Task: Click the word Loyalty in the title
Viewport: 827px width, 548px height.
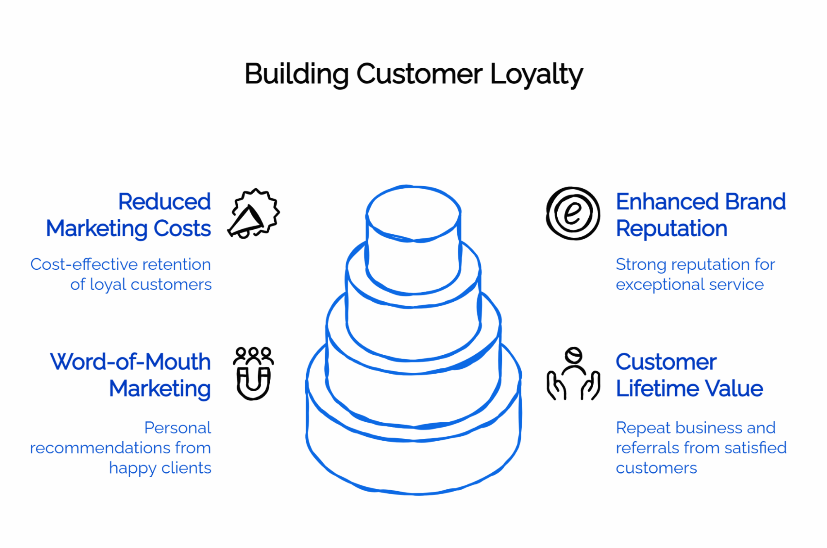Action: coord(536,75)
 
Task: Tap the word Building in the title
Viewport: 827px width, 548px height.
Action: coord(296,75)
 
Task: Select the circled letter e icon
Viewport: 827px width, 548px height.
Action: coord(573,213)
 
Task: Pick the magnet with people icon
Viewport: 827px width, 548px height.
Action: coord(253,373)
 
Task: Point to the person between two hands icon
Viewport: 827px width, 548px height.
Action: coord(573,374)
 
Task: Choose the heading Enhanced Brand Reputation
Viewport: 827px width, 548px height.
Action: coord(700,215)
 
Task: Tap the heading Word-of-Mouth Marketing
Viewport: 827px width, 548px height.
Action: coord(131,375)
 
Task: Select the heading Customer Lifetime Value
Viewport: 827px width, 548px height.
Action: coord(689,375)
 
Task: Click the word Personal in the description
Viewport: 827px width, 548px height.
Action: coord(177,428)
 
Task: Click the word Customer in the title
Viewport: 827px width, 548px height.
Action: coord(419,75)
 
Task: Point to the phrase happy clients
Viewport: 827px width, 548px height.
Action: coord(160,469)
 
